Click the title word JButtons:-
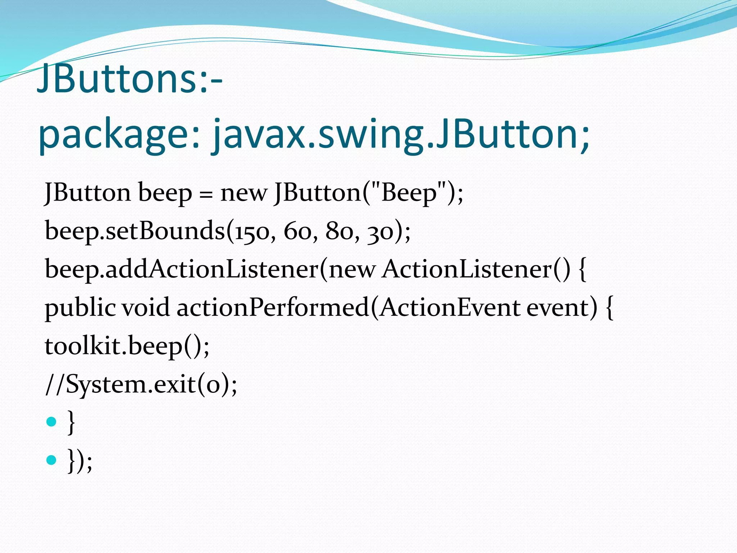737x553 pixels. coord(130,78)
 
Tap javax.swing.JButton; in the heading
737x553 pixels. coord(401,135)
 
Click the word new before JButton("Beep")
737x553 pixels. coord(244,194)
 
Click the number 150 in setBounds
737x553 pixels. coord(252,231)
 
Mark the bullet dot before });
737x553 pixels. coord(51,460)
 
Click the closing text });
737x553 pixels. coord(80,461)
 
